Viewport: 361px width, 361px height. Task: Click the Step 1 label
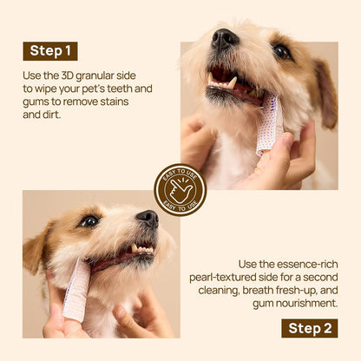[49, 51]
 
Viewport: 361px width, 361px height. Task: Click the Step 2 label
[309, 327]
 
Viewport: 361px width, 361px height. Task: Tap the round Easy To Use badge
[180, 189]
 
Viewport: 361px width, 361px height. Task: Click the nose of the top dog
[226, 38]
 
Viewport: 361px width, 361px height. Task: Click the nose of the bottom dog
[147, 218]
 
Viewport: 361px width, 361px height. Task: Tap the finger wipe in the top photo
[269, 126]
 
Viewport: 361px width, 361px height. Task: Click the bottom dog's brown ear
[36, 251]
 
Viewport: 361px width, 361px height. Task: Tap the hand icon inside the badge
[180, 189]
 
